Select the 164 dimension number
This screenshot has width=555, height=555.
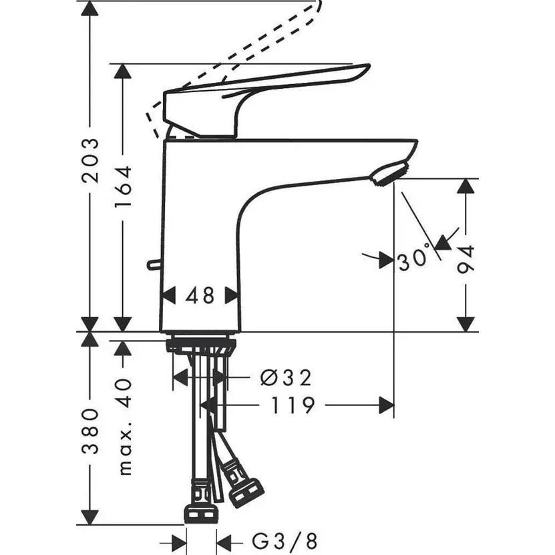124,186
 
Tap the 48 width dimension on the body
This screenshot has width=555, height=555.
200,295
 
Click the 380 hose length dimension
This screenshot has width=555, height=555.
91,431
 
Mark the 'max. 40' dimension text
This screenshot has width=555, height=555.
124,428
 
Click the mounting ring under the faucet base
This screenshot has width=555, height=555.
200,345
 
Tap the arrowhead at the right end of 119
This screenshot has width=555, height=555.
386,405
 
